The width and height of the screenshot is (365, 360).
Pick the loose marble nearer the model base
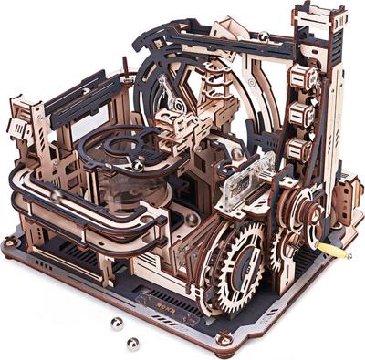tap(132, 344)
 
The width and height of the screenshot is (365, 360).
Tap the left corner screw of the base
tap(10, 242)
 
